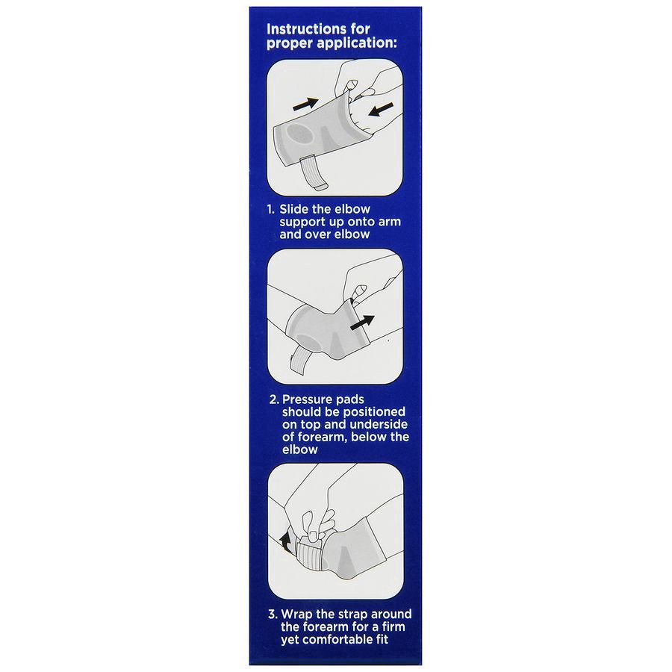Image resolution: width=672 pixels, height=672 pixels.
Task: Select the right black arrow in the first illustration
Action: (380, 111)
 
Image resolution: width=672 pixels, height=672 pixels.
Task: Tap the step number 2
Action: (273, 399)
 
